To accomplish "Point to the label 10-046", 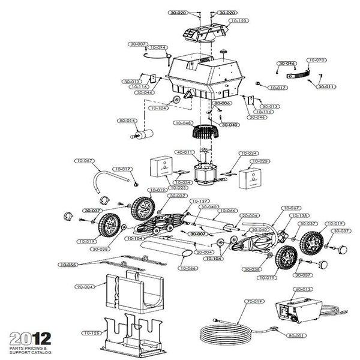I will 183,123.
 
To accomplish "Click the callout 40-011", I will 184,152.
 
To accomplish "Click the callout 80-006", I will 223,103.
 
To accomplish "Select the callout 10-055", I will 67,264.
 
